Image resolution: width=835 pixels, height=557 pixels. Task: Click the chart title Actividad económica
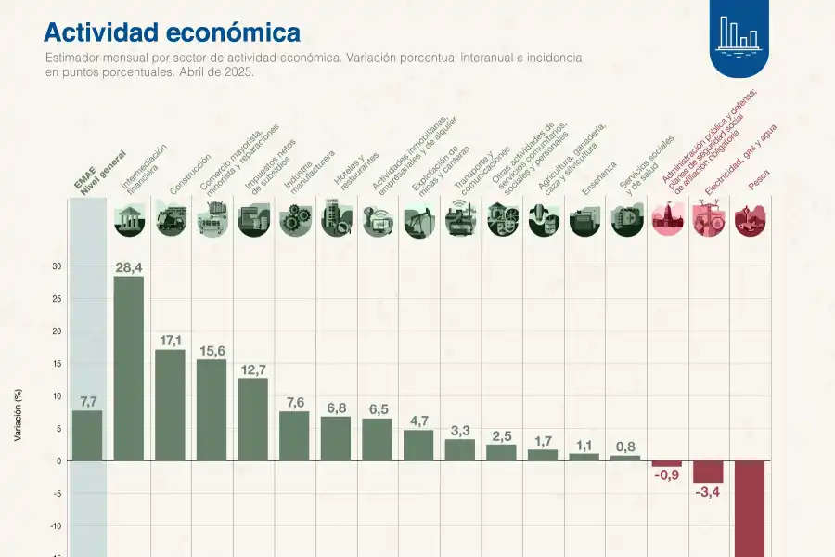coord(172,32)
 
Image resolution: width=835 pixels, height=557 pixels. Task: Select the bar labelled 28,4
coord(128,368)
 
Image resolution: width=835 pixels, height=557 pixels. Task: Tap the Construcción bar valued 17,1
coord(170,405)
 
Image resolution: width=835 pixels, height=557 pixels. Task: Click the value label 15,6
coord(212,351)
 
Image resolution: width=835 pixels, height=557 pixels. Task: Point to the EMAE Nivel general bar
coord(87,435)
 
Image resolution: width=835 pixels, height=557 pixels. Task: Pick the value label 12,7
coord(252,369)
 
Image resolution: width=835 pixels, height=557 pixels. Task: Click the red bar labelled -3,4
coord(708,472)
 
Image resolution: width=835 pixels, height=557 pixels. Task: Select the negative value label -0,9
coord(666,475)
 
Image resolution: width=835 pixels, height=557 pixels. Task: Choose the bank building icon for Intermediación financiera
coord(128,219)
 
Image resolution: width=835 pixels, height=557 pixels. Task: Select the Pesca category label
coord(760,184)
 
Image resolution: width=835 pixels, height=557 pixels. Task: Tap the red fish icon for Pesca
coord(749,219)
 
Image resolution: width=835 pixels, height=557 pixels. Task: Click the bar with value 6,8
coord(336,438)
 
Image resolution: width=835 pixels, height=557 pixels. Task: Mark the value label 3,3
coord(460,431)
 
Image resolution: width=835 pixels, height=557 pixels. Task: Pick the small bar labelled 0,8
coord(625,458)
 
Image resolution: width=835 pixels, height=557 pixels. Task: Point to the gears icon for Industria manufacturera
coord(294,219)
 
